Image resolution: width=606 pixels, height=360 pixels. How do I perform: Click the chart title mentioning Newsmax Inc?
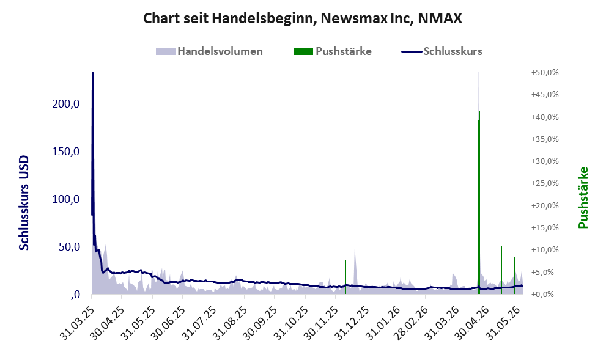(303, 18)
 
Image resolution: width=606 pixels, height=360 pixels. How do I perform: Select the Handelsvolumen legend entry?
(209, 51)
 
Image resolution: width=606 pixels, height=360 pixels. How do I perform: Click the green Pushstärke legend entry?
(333, 51)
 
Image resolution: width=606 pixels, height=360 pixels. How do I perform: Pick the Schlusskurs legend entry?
(442, 51)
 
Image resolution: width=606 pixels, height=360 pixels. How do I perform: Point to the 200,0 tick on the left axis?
(65, 103)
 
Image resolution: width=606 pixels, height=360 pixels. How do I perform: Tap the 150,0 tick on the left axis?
(65, 151)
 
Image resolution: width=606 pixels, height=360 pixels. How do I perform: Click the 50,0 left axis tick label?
(69, 246)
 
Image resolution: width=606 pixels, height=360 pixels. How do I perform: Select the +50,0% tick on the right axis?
(545, 73)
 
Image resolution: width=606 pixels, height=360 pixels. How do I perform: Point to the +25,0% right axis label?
(545, 183)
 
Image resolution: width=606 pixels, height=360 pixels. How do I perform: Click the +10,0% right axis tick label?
(545, 249)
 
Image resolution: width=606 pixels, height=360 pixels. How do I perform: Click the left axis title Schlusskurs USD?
(24, 203)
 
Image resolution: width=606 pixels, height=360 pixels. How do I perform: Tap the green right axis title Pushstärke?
(583, 197)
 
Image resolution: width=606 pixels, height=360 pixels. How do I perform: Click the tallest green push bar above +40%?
(479, 202)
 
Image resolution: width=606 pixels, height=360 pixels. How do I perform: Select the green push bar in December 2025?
(345, 277)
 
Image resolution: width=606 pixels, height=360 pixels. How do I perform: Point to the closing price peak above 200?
(93, 73)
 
